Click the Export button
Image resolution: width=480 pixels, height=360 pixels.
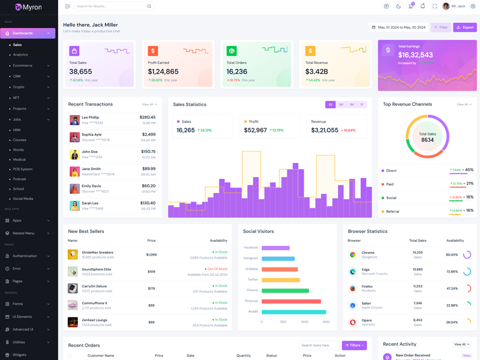tap(464, 27)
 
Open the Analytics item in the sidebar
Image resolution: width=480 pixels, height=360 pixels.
tap(20, 55)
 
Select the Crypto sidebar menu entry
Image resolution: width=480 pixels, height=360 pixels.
tap(19, 87)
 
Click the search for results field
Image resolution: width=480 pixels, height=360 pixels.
tap(111, 6)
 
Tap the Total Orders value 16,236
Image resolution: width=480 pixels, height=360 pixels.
tap(237, 72)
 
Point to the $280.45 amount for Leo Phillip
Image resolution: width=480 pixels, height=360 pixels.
tap(148, 118)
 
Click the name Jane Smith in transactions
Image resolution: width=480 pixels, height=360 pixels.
tap(91, 169)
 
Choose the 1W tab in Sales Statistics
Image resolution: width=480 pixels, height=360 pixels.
tap(341, 104)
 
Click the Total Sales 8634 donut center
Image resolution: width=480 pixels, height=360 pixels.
tap(427, 137)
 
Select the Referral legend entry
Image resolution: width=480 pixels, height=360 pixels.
tap(392, 211)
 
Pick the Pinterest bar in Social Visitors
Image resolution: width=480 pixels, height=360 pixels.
tap(291, 301)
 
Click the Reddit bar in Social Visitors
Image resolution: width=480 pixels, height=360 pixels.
tap(294, 312)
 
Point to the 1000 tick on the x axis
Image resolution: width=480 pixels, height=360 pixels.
tap(304, 322)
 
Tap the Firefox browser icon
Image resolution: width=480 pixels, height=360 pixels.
tap(353, 289)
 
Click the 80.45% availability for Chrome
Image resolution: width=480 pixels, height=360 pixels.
tap(452, 254)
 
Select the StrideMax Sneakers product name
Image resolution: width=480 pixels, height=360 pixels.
tap(97, 253)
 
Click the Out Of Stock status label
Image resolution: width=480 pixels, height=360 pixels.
tap(217, 269)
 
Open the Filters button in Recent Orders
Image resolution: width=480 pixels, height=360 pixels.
tap(354, 345)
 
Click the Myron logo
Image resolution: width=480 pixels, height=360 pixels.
tap(28, 7)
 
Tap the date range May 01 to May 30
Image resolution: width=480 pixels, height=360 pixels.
tap(398, 27)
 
